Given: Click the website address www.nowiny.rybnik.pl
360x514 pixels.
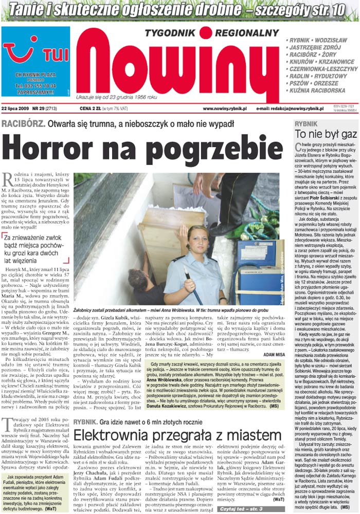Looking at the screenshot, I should pyautogui.click(x=225, y=109).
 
